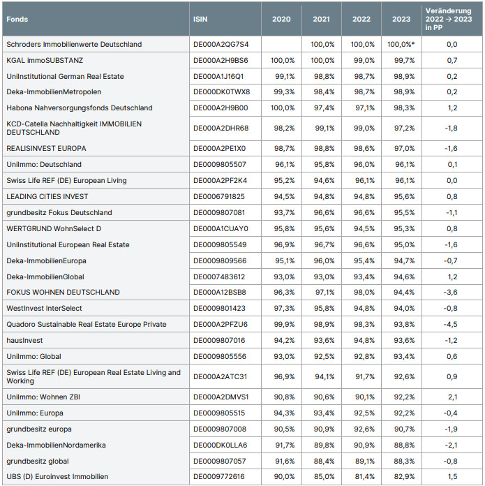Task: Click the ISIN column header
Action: point(200,19)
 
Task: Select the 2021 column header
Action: point(322,19)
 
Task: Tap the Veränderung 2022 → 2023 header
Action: point(451,19)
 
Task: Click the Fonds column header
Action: point(17,19)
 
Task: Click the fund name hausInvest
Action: point(25,340)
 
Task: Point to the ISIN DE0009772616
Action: point(221,476)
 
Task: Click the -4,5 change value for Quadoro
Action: point(451,324)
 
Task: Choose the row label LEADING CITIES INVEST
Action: point(47,196)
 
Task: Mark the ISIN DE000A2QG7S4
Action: point(221,44)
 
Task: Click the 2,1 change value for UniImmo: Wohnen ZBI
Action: point(452,397)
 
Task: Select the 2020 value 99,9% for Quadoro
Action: point(282,324)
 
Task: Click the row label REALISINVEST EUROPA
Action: point(46,148)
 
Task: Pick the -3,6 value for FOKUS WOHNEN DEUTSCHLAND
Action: point(451,292)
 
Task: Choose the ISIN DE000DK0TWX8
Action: point(221,91)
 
